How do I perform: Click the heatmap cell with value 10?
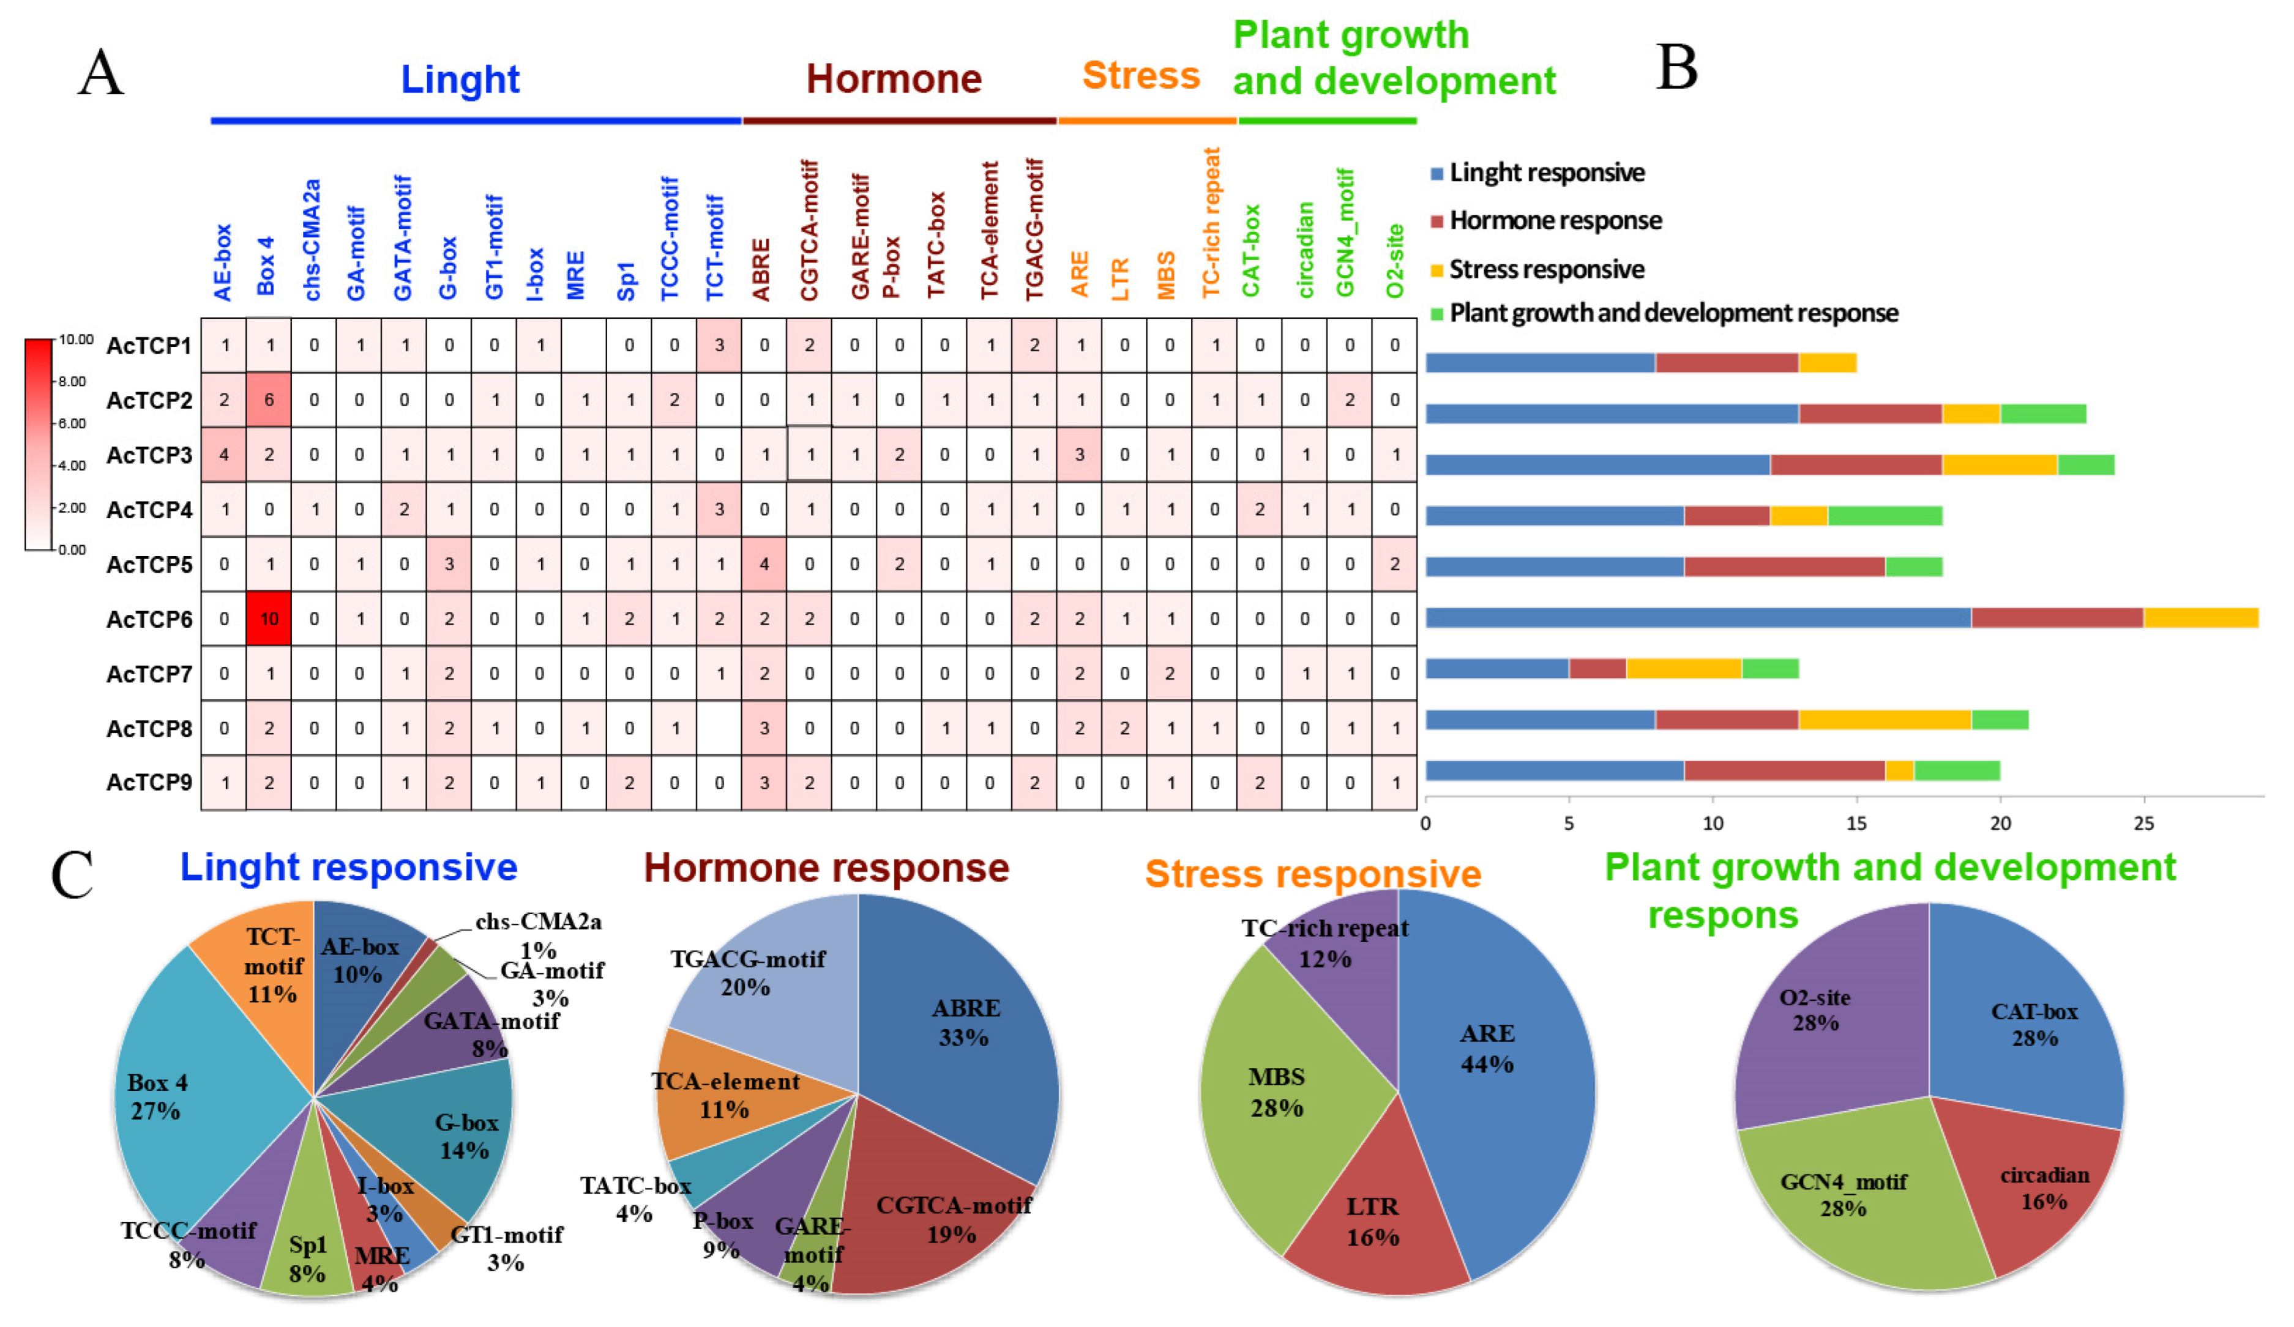point(269,619)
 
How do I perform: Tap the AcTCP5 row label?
point(149,564)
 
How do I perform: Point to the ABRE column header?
point(762,269)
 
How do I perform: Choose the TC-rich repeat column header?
point(1212,223)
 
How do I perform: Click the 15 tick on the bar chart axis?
point(1856,823)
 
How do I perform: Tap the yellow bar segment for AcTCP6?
point(2200,618)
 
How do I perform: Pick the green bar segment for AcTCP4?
point(1885,516)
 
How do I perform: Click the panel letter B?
point(1676,69)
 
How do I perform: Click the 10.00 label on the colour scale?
point(75,340)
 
